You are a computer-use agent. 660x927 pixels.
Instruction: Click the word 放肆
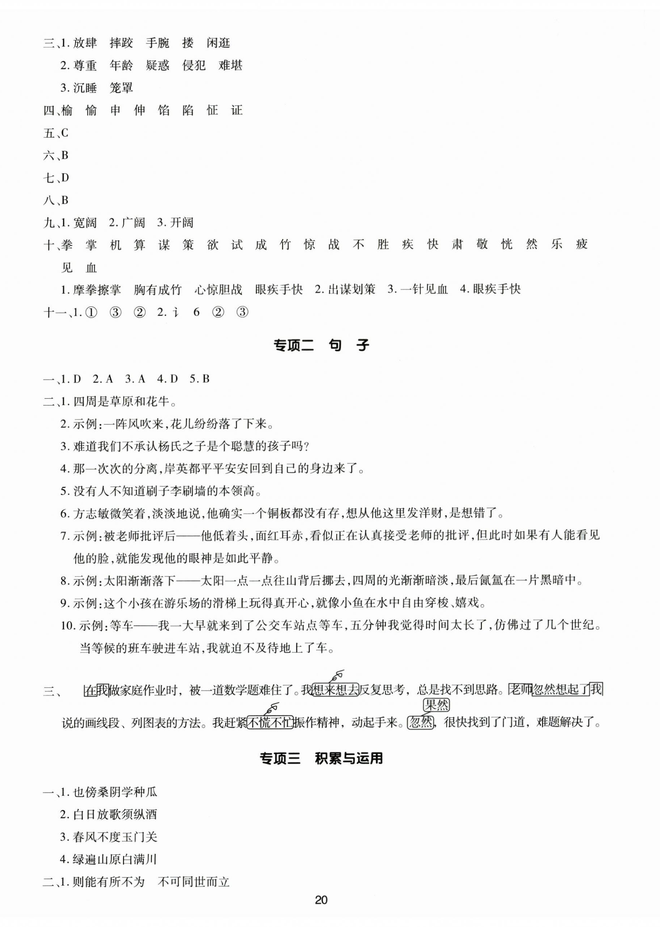pos(85,43)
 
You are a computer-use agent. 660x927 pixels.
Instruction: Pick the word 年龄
pos(121,65)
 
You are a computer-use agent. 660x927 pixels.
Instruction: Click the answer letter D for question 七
pos(64,178)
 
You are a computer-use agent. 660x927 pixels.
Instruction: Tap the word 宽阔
pos(85,223)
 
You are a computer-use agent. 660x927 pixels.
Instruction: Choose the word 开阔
pos(181,223)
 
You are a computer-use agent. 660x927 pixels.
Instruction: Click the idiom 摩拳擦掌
pos(97,289)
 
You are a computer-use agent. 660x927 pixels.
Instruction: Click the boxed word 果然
pos(436,705)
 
